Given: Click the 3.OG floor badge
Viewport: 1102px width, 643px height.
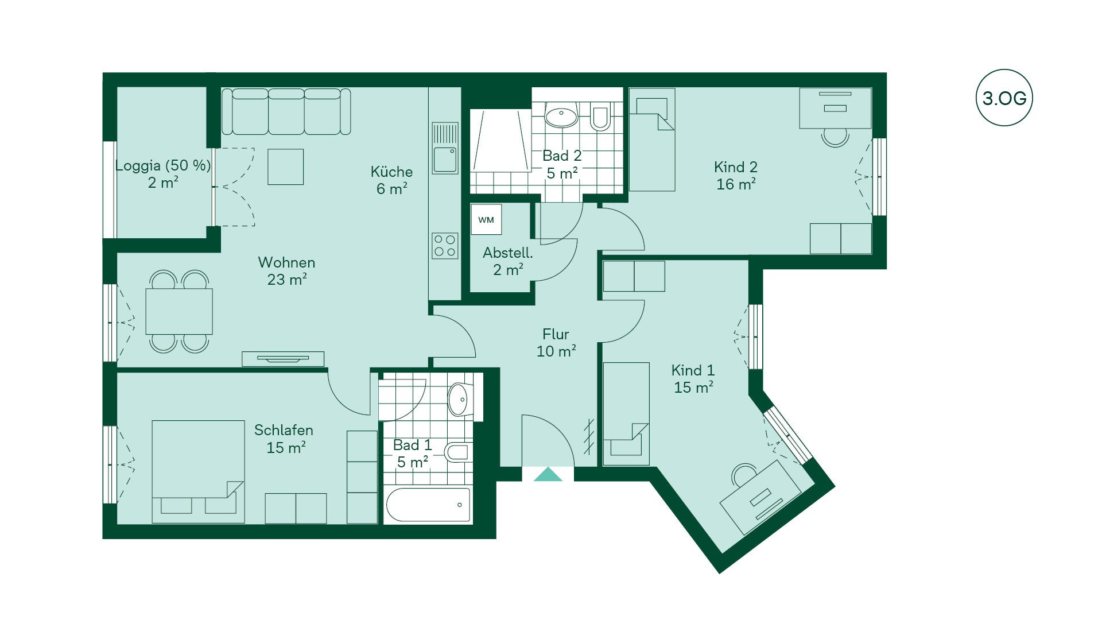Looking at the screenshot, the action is click(x=1004, y=98).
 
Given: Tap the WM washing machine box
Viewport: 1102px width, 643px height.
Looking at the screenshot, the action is click(x=486, y=219).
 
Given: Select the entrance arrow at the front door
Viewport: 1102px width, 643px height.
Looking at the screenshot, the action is click(x=548, y=474).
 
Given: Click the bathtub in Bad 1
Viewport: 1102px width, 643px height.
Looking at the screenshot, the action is click(x=428, y=505).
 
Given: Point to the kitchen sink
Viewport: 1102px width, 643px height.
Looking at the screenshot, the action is click(x=445, y=148).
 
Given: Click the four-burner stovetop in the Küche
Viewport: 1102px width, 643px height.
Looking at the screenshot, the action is click(x=445, y=246).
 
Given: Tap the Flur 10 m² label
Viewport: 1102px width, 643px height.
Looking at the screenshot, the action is click(x=556, y=343).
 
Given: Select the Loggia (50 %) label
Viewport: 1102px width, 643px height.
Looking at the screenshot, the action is click(x=163, y=165).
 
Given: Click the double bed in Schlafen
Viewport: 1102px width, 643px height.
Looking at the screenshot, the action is click(x=198, y=472).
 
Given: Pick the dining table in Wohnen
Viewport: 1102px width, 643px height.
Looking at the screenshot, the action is click(x=179, y=312).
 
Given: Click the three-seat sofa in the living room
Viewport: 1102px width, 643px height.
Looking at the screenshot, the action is click(x=286, y=111).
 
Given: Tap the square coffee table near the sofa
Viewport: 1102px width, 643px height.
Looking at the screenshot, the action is click(x=285, y=166).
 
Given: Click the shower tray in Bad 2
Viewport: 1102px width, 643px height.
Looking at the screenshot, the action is click(x=500, y=141).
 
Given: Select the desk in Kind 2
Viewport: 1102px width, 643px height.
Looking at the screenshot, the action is click(x=835, y=108).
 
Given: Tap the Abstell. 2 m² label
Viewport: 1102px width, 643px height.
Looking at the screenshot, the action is click(x=508, y=261).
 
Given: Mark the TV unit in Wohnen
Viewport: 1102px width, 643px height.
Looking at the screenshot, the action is click(x=283, y=359).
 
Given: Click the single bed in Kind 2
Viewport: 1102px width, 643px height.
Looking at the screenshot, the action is click(x=652, y=140).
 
